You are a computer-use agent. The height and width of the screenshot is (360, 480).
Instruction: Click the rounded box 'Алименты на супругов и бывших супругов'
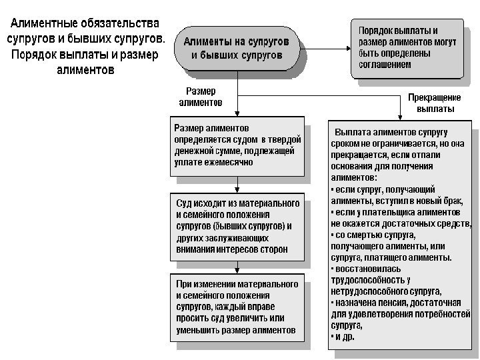pyautogui.click(x=237, y=46)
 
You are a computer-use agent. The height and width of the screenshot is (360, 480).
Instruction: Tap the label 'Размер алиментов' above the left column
pyautogui.click(x=201, y=97)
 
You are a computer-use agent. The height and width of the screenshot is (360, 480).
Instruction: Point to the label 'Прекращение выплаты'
pyautogui.click(x=435, y=103)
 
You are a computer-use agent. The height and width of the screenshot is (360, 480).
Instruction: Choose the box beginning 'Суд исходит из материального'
pyautogui.click(x=237, y=226)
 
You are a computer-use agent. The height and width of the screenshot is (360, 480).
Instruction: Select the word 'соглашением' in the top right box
pyautogui.click(x=385, y=65)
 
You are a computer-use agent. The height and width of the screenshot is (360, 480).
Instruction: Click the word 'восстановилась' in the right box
pyautogui.click(x=365, y=269)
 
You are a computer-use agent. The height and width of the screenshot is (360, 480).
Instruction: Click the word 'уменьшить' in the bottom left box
pyautogui.click(x=198, y=330)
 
